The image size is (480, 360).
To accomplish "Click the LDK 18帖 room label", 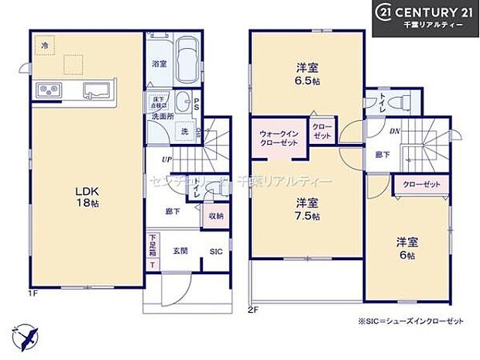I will (86, 195).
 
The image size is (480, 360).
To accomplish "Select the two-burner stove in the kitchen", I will (44, 90).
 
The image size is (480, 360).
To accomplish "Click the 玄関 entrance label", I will (181, 251).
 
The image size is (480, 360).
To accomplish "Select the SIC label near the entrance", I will (216, 251).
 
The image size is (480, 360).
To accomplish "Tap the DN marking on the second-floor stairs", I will (394, 132).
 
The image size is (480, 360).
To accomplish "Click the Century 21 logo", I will (425, 17).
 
